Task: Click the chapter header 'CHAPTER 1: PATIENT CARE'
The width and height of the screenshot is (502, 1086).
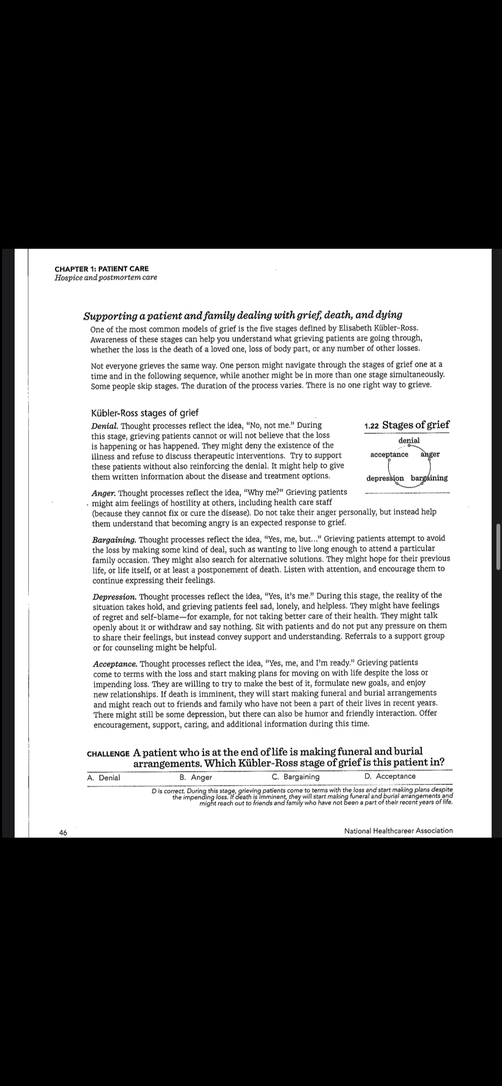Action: point(102,269)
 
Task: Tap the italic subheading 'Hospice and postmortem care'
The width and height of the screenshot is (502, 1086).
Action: point(106,278)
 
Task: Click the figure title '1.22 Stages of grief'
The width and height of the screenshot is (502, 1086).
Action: point(406,425)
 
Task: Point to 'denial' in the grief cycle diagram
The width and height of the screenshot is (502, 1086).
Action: point(409,440)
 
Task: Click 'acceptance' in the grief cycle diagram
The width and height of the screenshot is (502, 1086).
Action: point(389,454)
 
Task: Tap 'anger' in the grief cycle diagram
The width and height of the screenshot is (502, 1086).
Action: point(430,454)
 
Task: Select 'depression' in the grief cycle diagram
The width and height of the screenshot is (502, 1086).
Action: point(385,478)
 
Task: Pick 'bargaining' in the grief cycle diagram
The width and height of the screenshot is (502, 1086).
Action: point(429,478)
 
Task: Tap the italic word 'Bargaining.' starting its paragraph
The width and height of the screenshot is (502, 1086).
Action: point(114,539)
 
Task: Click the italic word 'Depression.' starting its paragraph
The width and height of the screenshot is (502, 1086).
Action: point(115,597)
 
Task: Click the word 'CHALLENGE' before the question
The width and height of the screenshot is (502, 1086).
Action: point(108,754)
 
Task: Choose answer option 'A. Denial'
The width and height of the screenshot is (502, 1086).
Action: point(103,778)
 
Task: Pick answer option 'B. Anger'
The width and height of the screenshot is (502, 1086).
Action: point(196,778)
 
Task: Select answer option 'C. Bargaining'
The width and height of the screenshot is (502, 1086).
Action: point(296,777)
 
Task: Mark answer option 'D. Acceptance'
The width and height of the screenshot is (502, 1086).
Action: point(390,776)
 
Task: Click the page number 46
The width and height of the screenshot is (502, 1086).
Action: point(63,833)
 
